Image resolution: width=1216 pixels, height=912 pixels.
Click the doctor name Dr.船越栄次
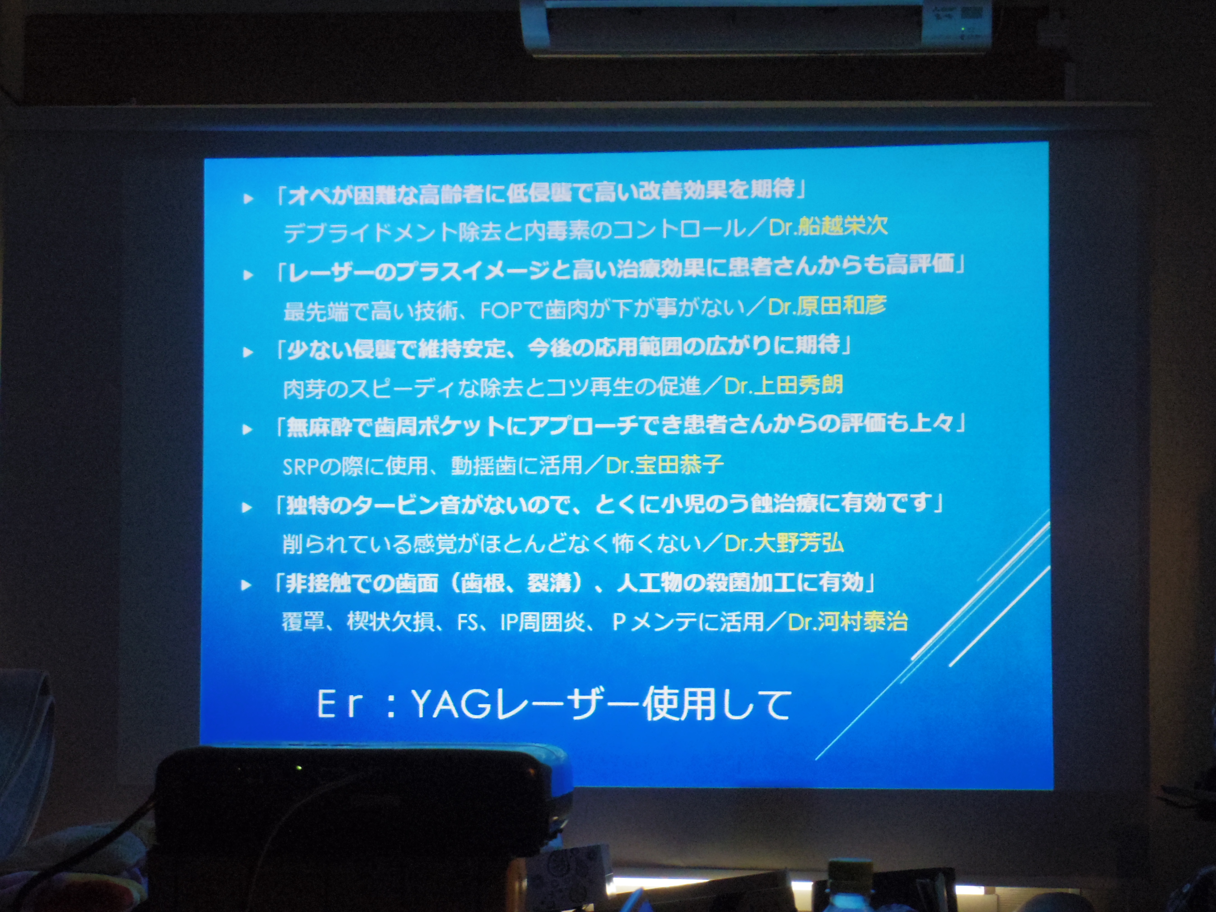coord(828,226)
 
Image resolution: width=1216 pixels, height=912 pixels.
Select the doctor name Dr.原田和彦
coord(827,306)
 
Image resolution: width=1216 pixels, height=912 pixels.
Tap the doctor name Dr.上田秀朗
coord(784,385)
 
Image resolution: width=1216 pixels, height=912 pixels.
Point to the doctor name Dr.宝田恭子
coord(664,465)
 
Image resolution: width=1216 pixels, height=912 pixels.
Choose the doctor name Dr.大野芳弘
coord(784,543)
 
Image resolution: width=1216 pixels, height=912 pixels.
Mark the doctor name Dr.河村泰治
coord(848,622)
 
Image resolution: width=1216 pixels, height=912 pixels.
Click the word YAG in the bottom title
coord(450,704)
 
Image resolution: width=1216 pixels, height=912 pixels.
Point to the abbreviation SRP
coord(301,467)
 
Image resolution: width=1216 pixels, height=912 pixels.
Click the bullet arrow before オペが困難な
coord(248,199)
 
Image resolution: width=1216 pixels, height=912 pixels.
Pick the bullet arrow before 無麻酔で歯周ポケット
coord(247,429)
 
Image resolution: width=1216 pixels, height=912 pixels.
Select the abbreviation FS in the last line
coord(467,623)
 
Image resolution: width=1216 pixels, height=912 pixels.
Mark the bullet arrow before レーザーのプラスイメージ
coord(248,275)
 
